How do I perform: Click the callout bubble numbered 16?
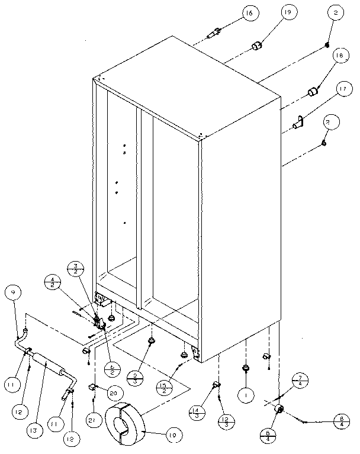click(x=249, y=13)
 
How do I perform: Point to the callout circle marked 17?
click(x=342, y=91)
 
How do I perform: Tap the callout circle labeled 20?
click(x=115, y=392)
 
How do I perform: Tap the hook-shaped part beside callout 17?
click(x=298, y=123)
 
